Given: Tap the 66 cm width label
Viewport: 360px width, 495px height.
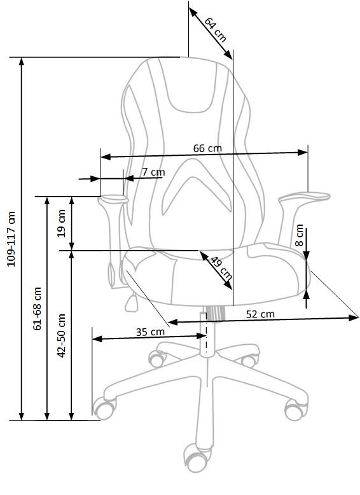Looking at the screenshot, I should (x=207, y=148).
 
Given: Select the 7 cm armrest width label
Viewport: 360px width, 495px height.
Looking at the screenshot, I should (x=153, y=172).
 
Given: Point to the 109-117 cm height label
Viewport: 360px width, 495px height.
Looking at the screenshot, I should (x=11, y=239).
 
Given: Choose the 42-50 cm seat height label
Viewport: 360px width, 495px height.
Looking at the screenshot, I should (x=62, y=335).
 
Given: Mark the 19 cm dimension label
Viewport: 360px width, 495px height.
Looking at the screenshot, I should (x=62, y=223).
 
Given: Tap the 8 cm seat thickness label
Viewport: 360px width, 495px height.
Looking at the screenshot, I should (x=300, y=236).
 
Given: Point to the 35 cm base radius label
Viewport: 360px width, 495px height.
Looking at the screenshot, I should (x=150, y=331).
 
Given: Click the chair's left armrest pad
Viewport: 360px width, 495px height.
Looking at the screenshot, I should (x=113, y=199).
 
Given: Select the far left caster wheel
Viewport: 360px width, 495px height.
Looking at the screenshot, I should (x=103, y=407).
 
